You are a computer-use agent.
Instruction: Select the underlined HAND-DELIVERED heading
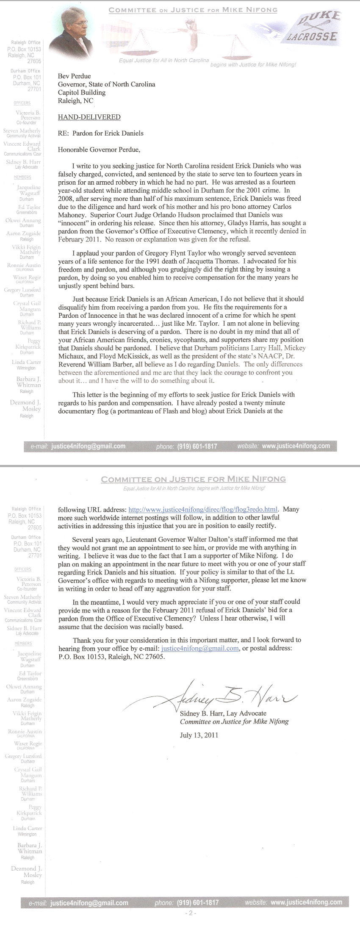tap(89, 117)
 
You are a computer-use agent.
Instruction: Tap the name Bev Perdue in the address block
tap(74, 76)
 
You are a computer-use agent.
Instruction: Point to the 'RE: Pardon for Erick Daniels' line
tap(100, 133)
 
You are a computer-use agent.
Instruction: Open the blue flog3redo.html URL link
tap(203, 510)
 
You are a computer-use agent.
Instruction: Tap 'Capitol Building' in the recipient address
tap(82, 92)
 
